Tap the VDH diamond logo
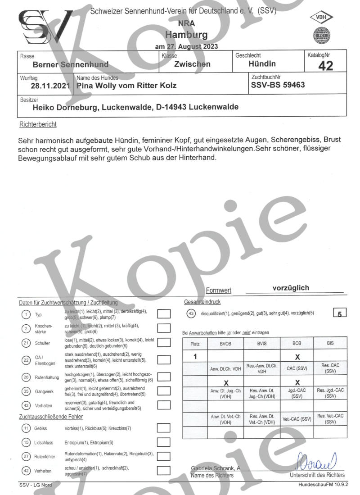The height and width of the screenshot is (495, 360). tap(321, 18)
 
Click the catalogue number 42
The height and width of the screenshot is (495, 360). tap(325, 66)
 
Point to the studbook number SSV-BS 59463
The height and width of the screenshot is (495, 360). tap(278, 85)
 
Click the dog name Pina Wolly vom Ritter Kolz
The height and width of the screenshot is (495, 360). tap(126, 85)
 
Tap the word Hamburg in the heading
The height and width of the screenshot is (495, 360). tap(186, 35)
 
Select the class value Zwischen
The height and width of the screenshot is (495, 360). tap(192, 64)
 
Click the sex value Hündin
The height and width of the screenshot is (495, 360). tap(262, 64)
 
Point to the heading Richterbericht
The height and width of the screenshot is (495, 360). tap(38, 124)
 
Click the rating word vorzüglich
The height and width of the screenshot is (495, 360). tap(291, 288)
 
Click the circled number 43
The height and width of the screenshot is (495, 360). tap(191, 313)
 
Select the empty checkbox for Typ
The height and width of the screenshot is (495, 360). tap(164, 314)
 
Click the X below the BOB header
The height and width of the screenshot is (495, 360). tap(297, 356)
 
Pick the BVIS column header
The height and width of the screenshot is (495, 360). tap(261, 343)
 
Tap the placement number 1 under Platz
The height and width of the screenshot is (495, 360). tap(195, 356)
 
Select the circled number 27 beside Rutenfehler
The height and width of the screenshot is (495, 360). tap(26, 456)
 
